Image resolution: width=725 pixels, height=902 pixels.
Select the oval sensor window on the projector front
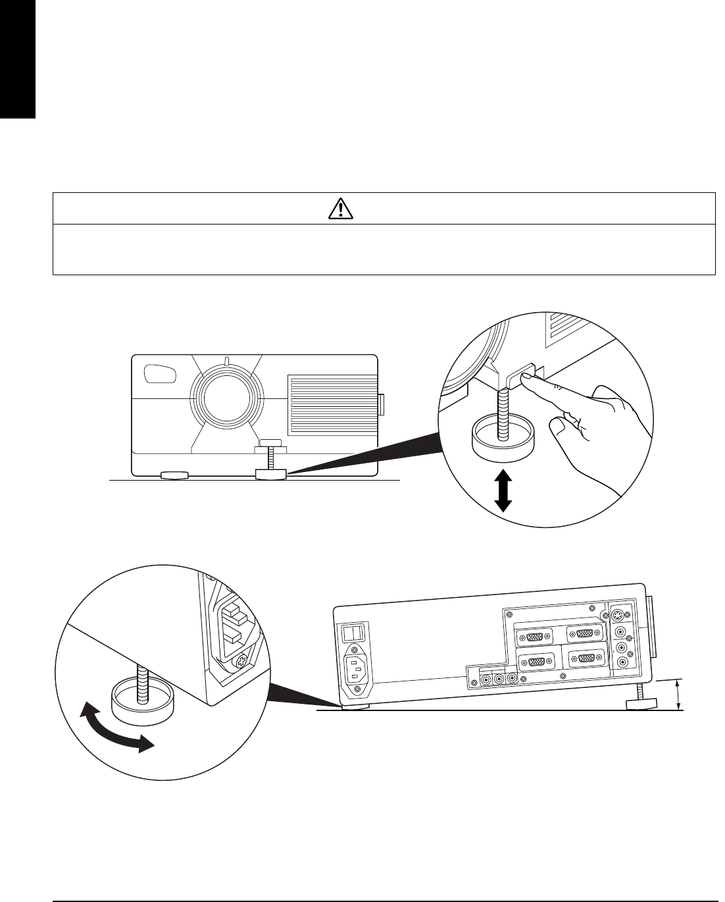click(160, 374)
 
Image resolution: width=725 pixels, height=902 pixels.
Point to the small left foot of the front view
click(174, 474)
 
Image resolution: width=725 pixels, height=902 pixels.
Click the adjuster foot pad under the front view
click(270, 473)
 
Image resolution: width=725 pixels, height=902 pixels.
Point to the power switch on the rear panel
click(353, 633)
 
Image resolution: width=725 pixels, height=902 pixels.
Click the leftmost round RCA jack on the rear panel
click(487, 678)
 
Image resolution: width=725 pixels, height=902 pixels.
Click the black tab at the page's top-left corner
click(17, 59)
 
